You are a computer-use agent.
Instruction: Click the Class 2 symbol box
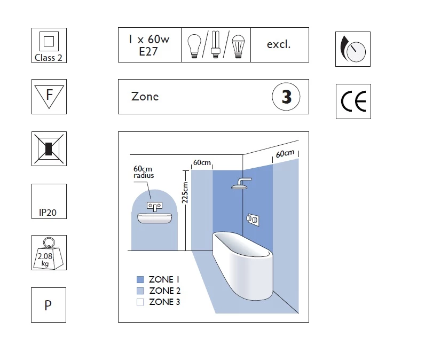[x=49, y=45]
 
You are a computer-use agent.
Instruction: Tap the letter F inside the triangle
[x=49, y=95]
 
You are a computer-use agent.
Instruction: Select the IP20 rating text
[x=48, y=213]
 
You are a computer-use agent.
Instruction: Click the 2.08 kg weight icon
[x=49, y=254]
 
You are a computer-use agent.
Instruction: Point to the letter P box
[x=49, y=305]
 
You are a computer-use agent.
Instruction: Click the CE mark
[x=353, y=101]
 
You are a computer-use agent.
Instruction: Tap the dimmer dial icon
[x=353, y=49]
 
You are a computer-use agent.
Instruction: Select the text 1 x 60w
[x=149, y=40]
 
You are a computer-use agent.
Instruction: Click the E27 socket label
[x=148, y=51]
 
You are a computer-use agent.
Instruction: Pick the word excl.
[x=279, y=44]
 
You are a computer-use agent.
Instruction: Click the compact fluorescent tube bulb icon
[x=216, y=44]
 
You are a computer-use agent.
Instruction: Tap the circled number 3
[x=286, y=97]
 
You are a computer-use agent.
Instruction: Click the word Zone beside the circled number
[x=145, y=97]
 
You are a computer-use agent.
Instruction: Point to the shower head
[x=241, y=184]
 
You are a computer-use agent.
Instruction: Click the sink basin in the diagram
[x=154, y=218]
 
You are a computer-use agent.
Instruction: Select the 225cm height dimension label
[x=185, y=192]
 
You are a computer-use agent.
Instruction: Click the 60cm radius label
[x=144, y=172]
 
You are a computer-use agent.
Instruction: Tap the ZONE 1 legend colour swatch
[x=140, y=279]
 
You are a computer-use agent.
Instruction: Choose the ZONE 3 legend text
[x=164, y=302]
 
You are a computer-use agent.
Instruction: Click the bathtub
[x=243, y=265]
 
